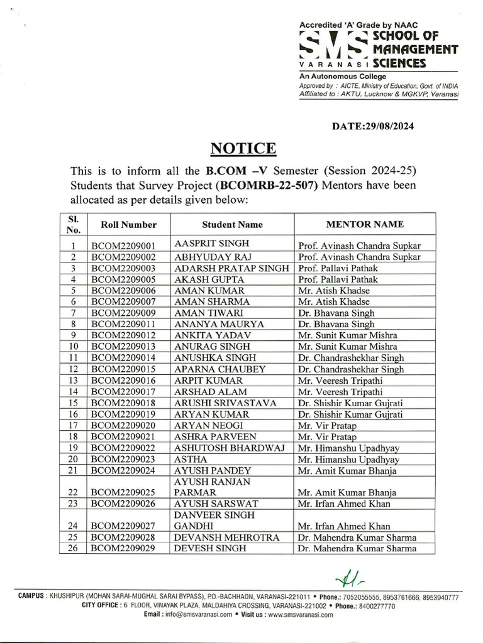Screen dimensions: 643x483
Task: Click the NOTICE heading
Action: [x=243, y=148]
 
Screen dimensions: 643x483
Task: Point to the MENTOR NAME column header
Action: [x=365, y=224]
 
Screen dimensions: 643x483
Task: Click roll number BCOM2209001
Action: [x=120, y=246]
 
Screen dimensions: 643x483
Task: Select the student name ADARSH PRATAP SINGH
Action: [x=231, y=267]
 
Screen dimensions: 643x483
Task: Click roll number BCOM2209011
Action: [x=120, y=324]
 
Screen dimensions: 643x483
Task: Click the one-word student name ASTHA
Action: [x=189, y=459]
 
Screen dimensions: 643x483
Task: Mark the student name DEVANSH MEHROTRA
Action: [x=223, y=537]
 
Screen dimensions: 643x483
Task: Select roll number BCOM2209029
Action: [x=120, y=548]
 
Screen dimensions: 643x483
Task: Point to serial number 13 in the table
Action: [x=73, y=381]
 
